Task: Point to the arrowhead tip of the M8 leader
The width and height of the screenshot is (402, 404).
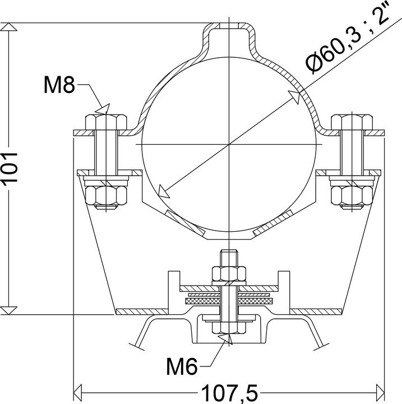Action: click(102, 112)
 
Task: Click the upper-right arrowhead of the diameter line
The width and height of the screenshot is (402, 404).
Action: click(293, 97)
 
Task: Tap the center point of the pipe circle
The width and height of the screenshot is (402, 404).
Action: click(230, 145)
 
